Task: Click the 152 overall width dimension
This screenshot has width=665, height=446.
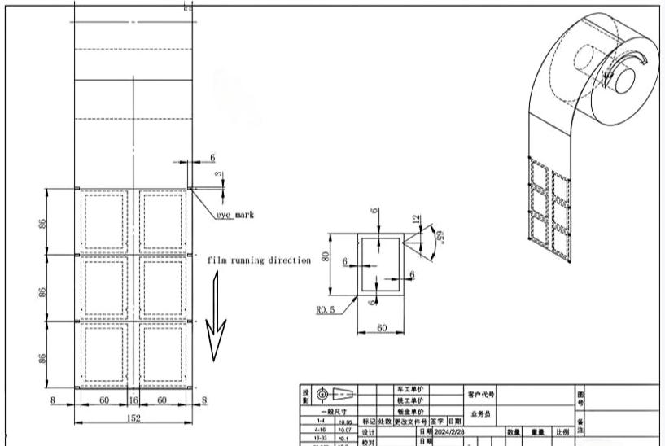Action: click(133, 418)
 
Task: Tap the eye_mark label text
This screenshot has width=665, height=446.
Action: click(235, 215)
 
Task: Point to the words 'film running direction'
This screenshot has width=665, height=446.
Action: click(258, 260)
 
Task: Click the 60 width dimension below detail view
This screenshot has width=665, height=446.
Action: click(382, 329)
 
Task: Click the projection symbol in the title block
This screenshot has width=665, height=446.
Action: click(337, 395)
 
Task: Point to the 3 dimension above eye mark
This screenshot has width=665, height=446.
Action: click(217, 175)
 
